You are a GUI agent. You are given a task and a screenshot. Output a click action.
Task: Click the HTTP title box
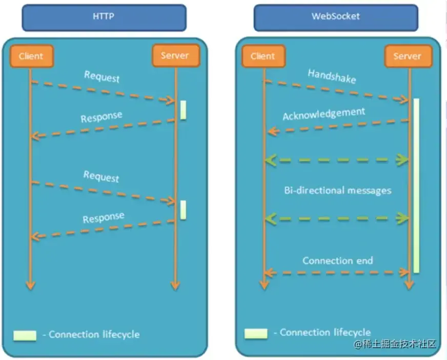[x=104, y=17]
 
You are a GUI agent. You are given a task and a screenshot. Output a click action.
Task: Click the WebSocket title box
[x=336, y=17]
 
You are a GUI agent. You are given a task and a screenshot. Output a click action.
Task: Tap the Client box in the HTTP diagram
[x=31, y=56]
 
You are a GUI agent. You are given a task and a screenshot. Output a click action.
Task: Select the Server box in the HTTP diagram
[x=175, y=55]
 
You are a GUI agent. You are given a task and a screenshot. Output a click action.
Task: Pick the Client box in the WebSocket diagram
[x=263, y=56]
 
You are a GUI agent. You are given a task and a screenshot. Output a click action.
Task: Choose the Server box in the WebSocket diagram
[x=408, y=56]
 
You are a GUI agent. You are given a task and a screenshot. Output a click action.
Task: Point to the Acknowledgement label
[x=324, y=114]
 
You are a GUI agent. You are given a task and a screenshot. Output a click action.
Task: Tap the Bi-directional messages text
[x=338, y=190]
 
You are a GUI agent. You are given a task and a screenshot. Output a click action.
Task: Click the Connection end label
[x=338, y=261]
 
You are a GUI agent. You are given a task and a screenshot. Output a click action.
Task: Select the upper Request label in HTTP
[x=101, y=77]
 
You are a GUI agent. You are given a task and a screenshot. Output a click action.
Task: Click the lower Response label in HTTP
[x=103, y=218]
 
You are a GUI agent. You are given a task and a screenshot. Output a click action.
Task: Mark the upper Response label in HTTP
[x=101, y=117]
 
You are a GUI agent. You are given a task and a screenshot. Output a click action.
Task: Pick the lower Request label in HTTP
[x=101, y=177]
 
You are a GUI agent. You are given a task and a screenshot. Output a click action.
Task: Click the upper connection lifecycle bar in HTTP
[x=183, y=110]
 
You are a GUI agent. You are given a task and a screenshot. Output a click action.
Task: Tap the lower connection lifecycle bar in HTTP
[x=183, y=210]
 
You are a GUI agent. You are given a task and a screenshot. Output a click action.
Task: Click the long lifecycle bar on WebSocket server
[x=416, y=185]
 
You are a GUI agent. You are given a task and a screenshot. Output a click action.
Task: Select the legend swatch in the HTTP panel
[x=25, y=335]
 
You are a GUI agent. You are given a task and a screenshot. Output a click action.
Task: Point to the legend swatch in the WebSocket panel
[x=256, y=333]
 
